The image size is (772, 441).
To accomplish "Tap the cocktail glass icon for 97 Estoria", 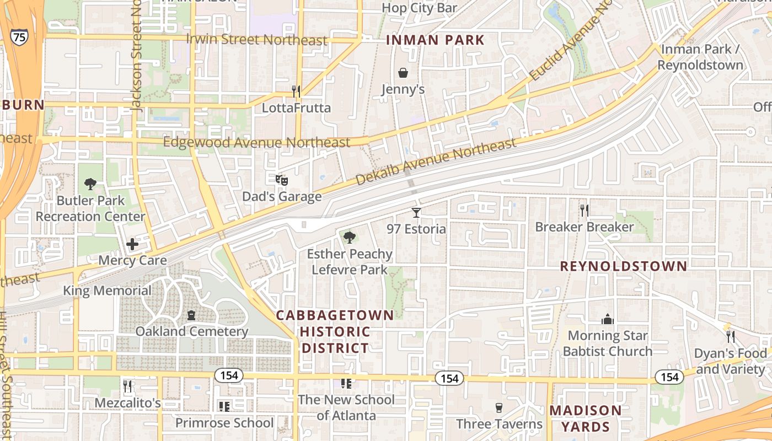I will [x=416, y=212].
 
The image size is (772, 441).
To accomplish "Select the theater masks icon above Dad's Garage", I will [x=282, y=180].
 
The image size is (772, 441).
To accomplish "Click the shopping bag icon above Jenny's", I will [x=403, y=73].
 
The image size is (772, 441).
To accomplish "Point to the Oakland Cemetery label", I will [x=192, y=331].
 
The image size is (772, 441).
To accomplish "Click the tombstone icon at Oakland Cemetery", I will [x=191, y=315].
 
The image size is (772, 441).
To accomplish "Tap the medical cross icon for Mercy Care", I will [x=132, y=244].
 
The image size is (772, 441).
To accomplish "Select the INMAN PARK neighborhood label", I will [x=435, y=40].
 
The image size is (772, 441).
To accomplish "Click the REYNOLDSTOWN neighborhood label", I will [x=624, y=266].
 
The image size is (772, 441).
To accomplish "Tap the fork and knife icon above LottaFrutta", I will [x=296, y=91].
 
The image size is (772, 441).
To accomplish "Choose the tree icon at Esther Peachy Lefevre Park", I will [x=349, y=238].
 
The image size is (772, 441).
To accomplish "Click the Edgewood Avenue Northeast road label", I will [x=257, y=142].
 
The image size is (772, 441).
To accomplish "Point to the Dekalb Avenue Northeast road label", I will [x=436, y=161].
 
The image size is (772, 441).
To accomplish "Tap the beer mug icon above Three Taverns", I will [x=499, y=407].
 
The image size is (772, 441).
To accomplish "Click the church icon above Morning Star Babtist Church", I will [x=607, y=319].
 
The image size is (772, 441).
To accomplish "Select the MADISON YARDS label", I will [x=586, y=418].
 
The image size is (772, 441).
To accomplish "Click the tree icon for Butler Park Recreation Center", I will [x=90, y=184].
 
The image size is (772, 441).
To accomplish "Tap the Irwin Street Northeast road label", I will [x=257, y=40].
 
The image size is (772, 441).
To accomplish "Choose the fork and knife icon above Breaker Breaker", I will [x=585, y=210].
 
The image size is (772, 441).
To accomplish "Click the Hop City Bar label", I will [x=420, y=8].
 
